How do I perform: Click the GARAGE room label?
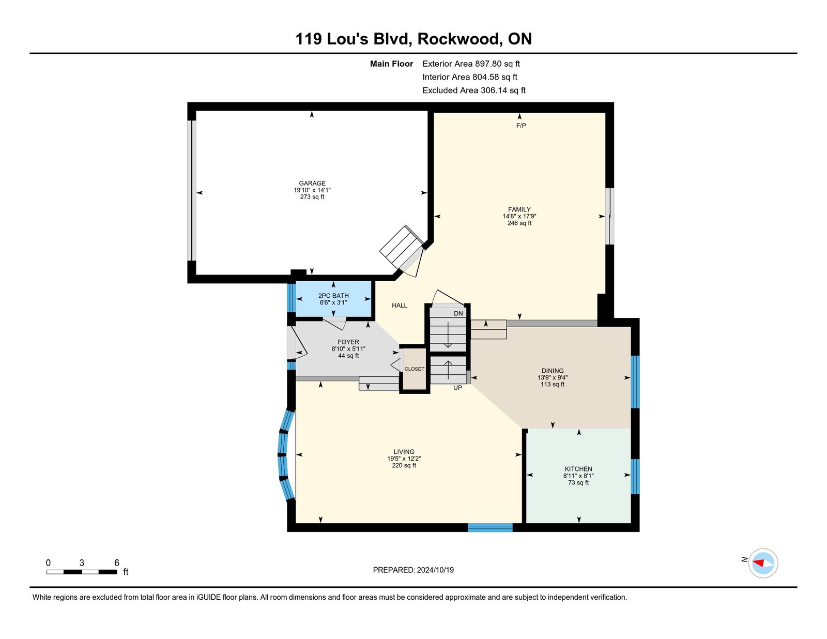point(312,183)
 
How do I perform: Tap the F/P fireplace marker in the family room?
point(521,126)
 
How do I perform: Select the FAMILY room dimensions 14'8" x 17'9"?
point(519,217)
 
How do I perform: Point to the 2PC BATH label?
point(333,296)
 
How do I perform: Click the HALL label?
point(400,306)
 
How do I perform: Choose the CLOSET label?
point(415,369)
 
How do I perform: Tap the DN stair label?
point(458,314)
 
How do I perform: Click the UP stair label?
point(457,388)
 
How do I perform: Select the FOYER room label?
point(348,342)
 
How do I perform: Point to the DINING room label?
point(553,371)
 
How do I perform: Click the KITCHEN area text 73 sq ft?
point(578,483)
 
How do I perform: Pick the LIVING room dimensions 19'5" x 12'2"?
point(404,459)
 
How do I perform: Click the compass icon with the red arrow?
point(763,563)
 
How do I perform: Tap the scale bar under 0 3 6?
point(82,572)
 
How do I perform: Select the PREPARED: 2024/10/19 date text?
point(413,570)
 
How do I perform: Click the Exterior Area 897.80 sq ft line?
point(471,64)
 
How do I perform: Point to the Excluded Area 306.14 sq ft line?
point(474,90)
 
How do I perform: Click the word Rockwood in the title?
point(460,39)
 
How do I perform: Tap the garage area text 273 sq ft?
point(312,197)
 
